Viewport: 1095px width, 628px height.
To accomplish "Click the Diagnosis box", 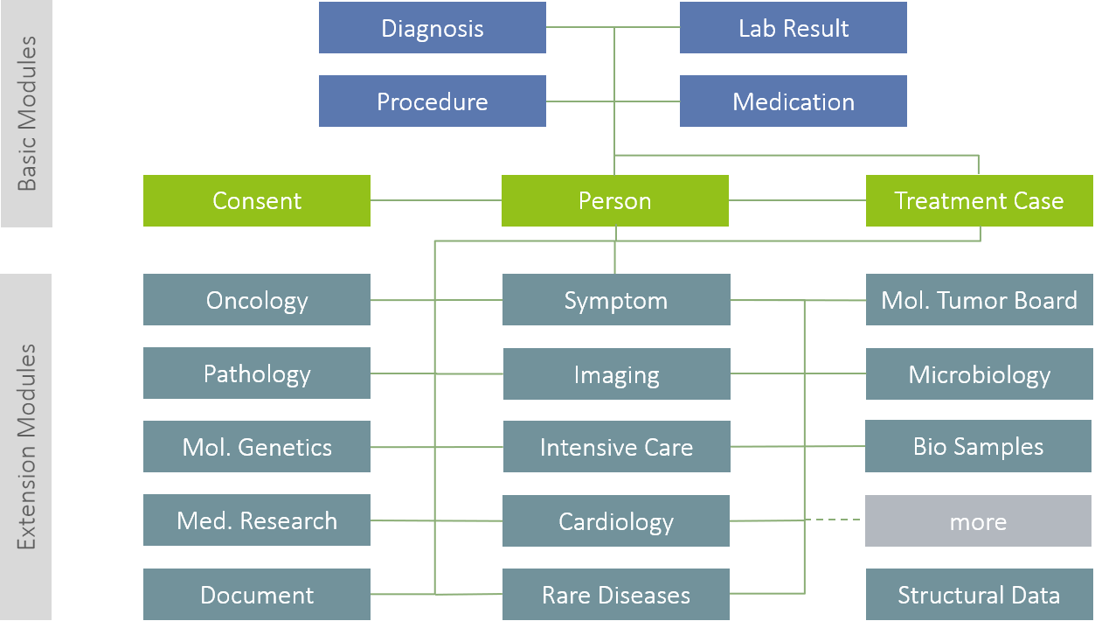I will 432,28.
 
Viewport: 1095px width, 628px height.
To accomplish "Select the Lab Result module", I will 793,28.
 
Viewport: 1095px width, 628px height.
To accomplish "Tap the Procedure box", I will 432,101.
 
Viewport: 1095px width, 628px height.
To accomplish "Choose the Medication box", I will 793,101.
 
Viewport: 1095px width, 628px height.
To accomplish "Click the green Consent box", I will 256,201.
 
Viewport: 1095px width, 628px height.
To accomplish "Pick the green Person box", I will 614,201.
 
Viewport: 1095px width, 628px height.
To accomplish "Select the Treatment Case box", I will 979,201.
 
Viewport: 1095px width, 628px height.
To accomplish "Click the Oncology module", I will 256,300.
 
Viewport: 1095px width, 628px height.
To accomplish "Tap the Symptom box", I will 616,300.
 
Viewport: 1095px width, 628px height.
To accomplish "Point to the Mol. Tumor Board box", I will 979,300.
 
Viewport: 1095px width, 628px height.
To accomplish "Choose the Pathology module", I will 256,373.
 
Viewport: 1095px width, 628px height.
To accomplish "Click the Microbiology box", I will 979,374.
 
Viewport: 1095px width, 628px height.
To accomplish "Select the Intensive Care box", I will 616,447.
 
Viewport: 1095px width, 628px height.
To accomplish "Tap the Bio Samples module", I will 979,446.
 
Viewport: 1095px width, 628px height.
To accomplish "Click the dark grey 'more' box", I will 979,521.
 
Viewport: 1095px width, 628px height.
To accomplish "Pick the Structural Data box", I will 979,595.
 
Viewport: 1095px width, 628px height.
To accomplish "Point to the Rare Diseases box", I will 616,595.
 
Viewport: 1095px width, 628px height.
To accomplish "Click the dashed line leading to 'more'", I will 835,520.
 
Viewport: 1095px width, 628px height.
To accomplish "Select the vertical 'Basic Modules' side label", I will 26,114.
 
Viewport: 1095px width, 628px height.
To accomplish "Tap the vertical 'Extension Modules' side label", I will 26,447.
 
